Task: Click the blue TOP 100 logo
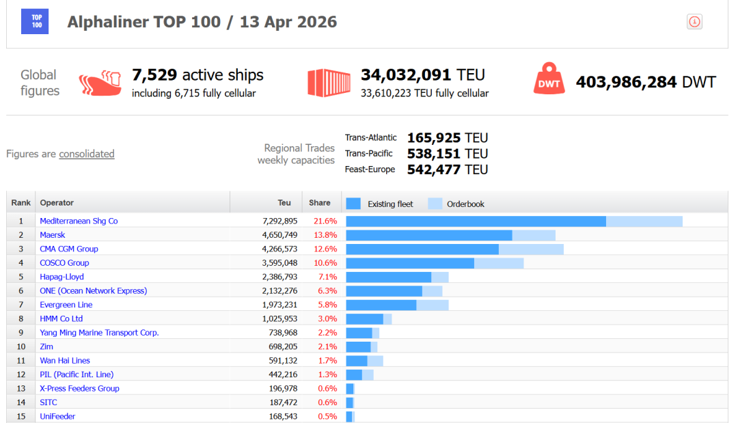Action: pyautogui.click(x=35, y=22)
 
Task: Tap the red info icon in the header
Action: pyautogui.click(x=694, y=22)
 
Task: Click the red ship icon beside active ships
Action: pyautogui.click(x=100, y=83)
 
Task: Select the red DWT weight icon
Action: pyautogui.click(x=549, y=79)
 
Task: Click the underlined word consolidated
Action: pyautogui.click(x=87, y=154)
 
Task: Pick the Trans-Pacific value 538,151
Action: pyautogui.click(x=433, y=154)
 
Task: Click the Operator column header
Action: pyautogui.click(x=57, y=203)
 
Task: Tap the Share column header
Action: pyautogui.click(x=320, y=203)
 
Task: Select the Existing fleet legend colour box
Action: pyautogui.click(x=353, y=204)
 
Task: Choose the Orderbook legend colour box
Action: pyautogui.click(x=435, y=204)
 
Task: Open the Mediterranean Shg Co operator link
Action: pyautogui.click(x=79, y=221)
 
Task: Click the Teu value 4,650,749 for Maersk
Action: pyautogui.click(x=279, y=235)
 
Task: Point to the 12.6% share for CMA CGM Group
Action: pyautogui.click(x=325, y=249)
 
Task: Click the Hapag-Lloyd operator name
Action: pyautogui.click(x=61, y=277)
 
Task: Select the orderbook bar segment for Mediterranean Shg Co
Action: pyautogui.click(x=644, y=221)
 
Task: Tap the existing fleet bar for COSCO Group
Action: pyautogui.click(x=410, y=263)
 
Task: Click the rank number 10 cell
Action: pyautogui.click(x=20, y=346)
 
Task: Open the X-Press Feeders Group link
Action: pyautogui.click(x=79, y=388)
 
